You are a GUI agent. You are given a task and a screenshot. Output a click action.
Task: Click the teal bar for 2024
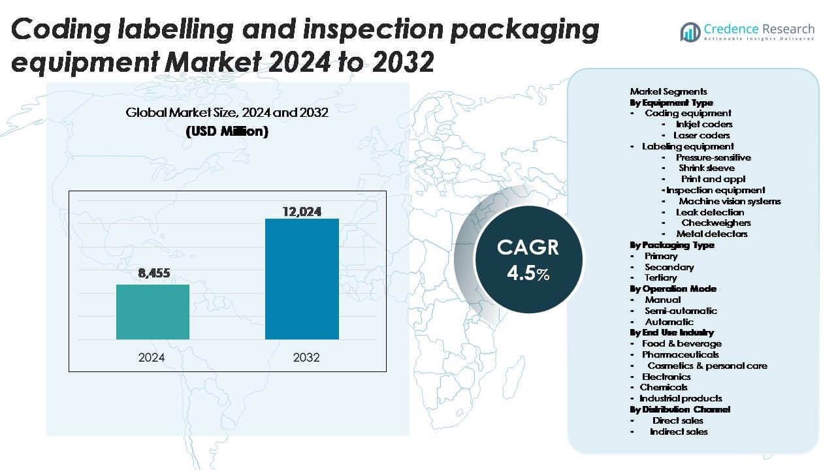(x=153, y=312)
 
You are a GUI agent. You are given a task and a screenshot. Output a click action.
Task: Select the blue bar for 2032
(x=302, y=279)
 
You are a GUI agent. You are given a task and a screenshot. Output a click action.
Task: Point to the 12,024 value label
(x=302, y=211)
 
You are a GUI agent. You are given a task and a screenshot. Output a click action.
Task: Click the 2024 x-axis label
(x=152, y=357)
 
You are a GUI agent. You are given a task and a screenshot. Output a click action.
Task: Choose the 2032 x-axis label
(x=302, y=357)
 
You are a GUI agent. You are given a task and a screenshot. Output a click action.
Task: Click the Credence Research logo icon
(x=690, y=31)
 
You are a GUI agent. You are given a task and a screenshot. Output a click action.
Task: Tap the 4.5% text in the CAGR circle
(x=528, y=273)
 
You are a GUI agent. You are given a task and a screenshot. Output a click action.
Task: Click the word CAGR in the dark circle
(x=528, y=247)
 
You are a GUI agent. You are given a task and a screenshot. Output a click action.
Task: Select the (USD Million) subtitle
(x=227, y=131)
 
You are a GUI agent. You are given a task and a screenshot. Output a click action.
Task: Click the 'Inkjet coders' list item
(x=704, y=124)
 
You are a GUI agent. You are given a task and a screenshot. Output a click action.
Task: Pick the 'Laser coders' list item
(x=701, y=135)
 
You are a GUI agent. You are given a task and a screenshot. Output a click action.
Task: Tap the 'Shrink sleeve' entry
(x=706, y=168)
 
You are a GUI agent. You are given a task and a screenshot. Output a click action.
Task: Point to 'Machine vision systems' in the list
(x=730, y=201)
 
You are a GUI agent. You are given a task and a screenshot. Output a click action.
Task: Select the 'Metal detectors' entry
(x=712, y=234)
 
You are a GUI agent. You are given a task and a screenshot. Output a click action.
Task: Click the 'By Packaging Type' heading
(x=672, y=245)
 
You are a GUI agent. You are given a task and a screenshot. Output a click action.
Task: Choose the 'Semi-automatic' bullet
(x=681, y=311)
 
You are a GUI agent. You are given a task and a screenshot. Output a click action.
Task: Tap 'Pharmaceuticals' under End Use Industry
(x=680, y=354)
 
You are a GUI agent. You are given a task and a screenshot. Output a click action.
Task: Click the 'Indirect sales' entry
(x=679, y=431)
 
